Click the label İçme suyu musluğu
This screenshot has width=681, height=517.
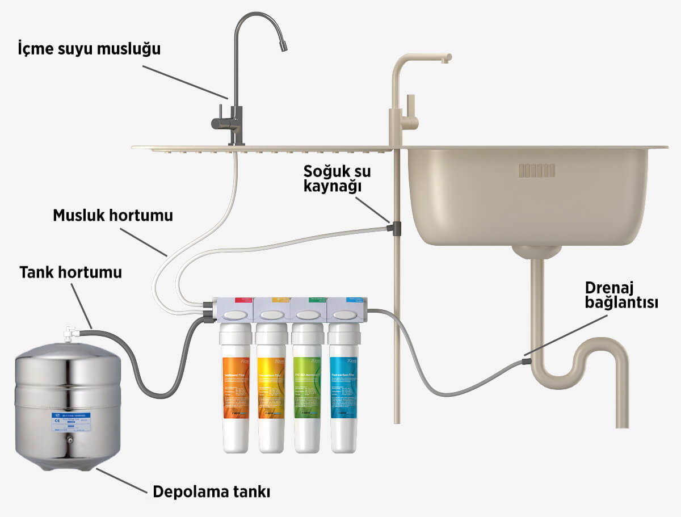[x=89, y=49]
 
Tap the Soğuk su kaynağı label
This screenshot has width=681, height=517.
[x=333, y=180]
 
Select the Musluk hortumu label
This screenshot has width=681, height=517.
[x=113, y=216]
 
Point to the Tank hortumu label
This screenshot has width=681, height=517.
[x=71, y=272]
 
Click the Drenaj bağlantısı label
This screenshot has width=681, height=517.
[x=621, y=295]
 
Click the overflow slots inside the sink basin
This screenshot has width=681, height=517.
[x=536, y=170]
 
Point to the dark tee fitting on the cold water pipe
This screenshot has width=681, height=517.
[x=394, y=229]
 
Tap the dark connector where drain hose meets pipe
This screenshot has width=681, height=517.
[x=527, y=359]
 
